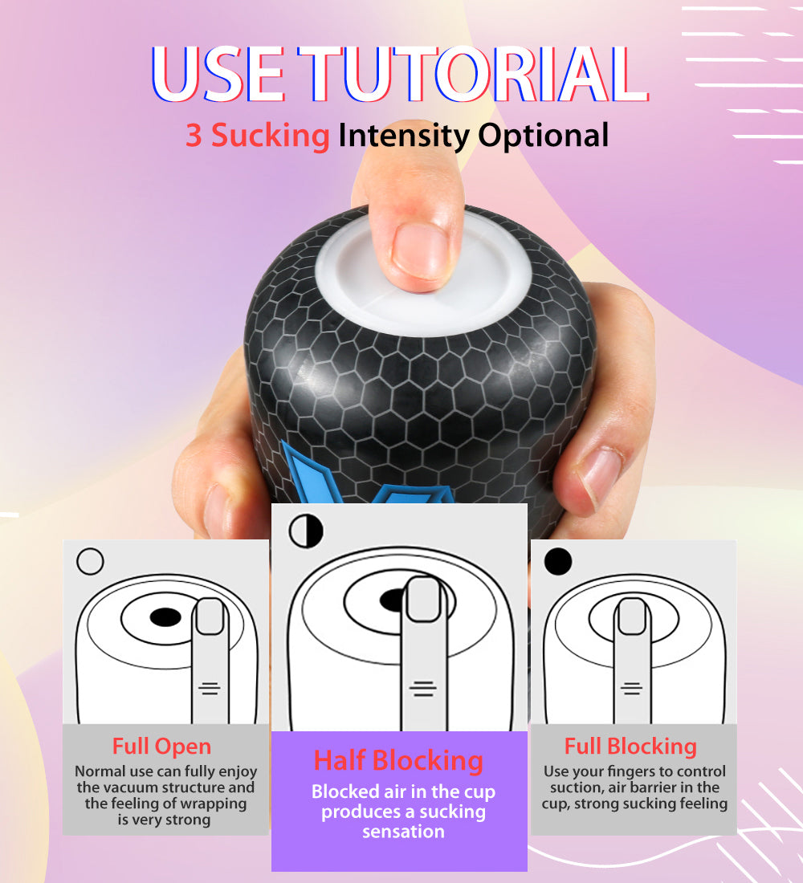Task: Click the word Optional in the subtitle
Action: tap(543, 136)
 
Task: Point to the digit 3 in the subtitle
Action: tap(194, 136)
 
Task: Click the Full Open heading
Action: tap(161, 747)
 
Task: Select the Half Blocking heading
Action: tap(398, 760)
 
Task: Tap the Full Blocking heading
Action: tap(630, 747)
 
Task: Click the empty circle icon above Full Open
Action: tap(90, 561)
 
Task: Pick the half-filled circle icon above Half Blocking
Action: tap(305, 531)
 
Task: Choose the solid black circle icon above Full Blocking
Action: tap(558, 561)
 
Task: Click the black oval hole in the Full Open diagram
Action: tap(165, 616)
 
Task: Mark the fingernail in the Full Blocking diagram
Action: tap(632, 616)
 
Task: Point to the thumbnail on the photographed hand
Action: tap(598, 474)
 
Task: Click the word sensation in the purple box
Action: tap(403, 832)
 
